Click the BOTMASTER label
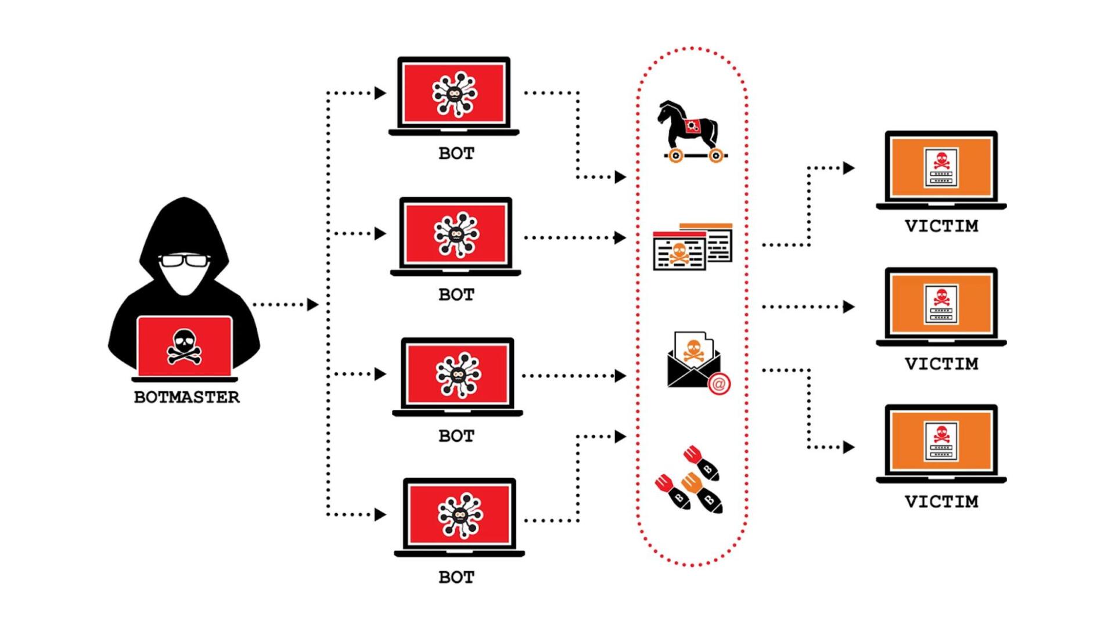point(186,397)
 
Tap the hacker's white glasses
point(184,261)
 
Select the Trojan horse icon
point(690,131)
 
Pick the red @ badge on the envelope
point(719,384)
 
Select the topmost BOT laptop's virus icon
point(455,93)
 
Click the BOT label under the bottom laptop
point(456,577)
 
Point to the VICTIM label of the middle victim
point(941,364)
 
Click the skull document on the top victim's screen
point(941,168)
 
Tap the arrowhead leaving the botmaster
point(313,304)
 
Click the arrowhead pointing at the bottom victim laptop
point(849,447)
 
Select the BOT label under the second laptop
point(456,295)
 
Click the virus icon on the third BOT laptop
point(458,375)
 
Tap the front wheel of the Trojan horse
point(675,156)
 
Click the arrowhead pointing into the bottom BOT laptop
point(380,514)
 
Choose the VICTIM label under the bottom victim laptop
point(941,502)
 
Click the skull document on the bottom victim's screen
point(941,442)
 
